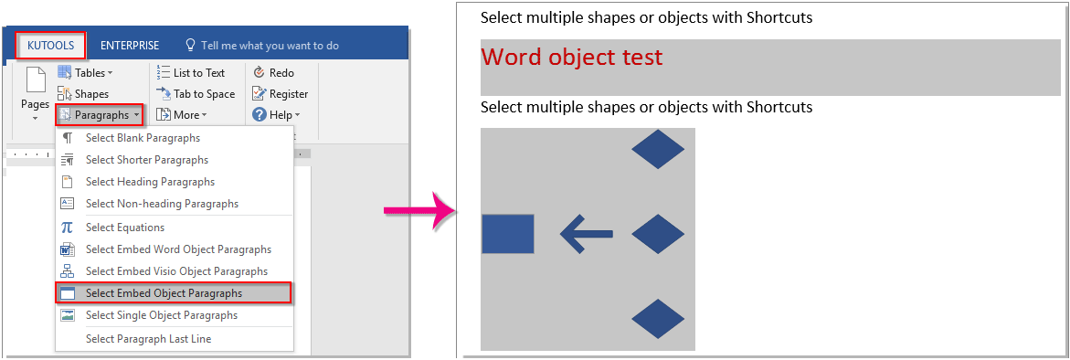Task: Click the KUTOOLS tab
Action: point(51,46)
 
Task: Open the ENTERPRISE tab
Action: point(130,46)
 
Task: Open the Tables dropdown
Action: point(87,73)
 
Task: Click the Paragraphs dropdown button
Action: point(100,115)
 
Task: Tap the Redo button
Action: point(273,73)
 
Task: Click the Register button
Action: point(281,94)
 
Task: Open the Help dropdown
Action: point(277,115)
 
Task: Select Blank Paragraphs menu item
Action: point(143,138)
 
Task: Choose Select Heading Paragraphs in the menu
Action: point(150,182)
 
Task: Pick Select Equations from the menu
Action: point(125,228)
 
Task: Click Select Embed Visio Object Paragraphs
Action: point(176,271)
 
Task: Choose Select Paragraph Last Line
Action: point(148,339)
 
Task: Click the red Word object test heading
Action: point(571,58)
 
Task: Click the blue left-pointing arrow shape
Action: point(586,234)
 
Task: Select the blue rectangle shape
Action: point(507,234)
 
